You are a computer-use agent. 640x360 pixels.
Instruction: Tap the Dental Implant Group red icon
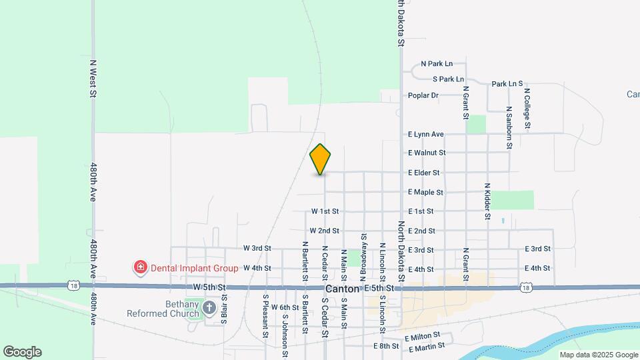point(141,268)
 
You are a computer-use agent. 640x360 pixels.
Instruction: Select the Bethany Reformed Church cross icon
point(209,307)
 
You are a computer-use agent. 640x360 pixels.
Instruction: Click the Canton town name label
point(343,289)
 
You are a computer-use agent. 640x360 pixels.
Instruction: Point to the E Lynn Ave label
point(426,134)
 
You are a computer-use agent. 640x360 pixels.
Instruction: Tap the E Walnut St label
point(427,153)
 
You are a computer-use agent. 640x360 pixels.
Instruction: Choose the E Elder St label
point(424,173)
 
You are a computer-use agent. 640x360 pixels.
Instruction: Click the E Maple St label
point(426,192)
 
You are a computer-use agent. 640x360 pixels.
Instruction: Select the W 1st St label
point(325,211)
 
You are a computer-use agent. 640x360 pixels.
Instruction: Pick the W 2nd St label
point(325,231)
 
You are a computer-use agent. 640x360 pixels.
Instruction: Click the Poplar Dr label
point(423,95)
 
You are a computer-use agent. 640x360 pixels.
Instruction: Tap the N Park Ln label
point(437,64)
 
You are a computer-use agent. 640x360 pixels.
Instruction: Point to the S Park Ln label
point(448,79)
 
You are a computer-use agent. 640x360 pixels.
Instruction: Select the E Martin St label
point(427,348)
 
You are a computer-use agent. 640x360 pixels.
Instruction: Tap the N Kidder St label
point(487,201)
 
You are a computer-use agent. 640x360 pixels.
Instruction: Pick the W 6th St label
point(285,307)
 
